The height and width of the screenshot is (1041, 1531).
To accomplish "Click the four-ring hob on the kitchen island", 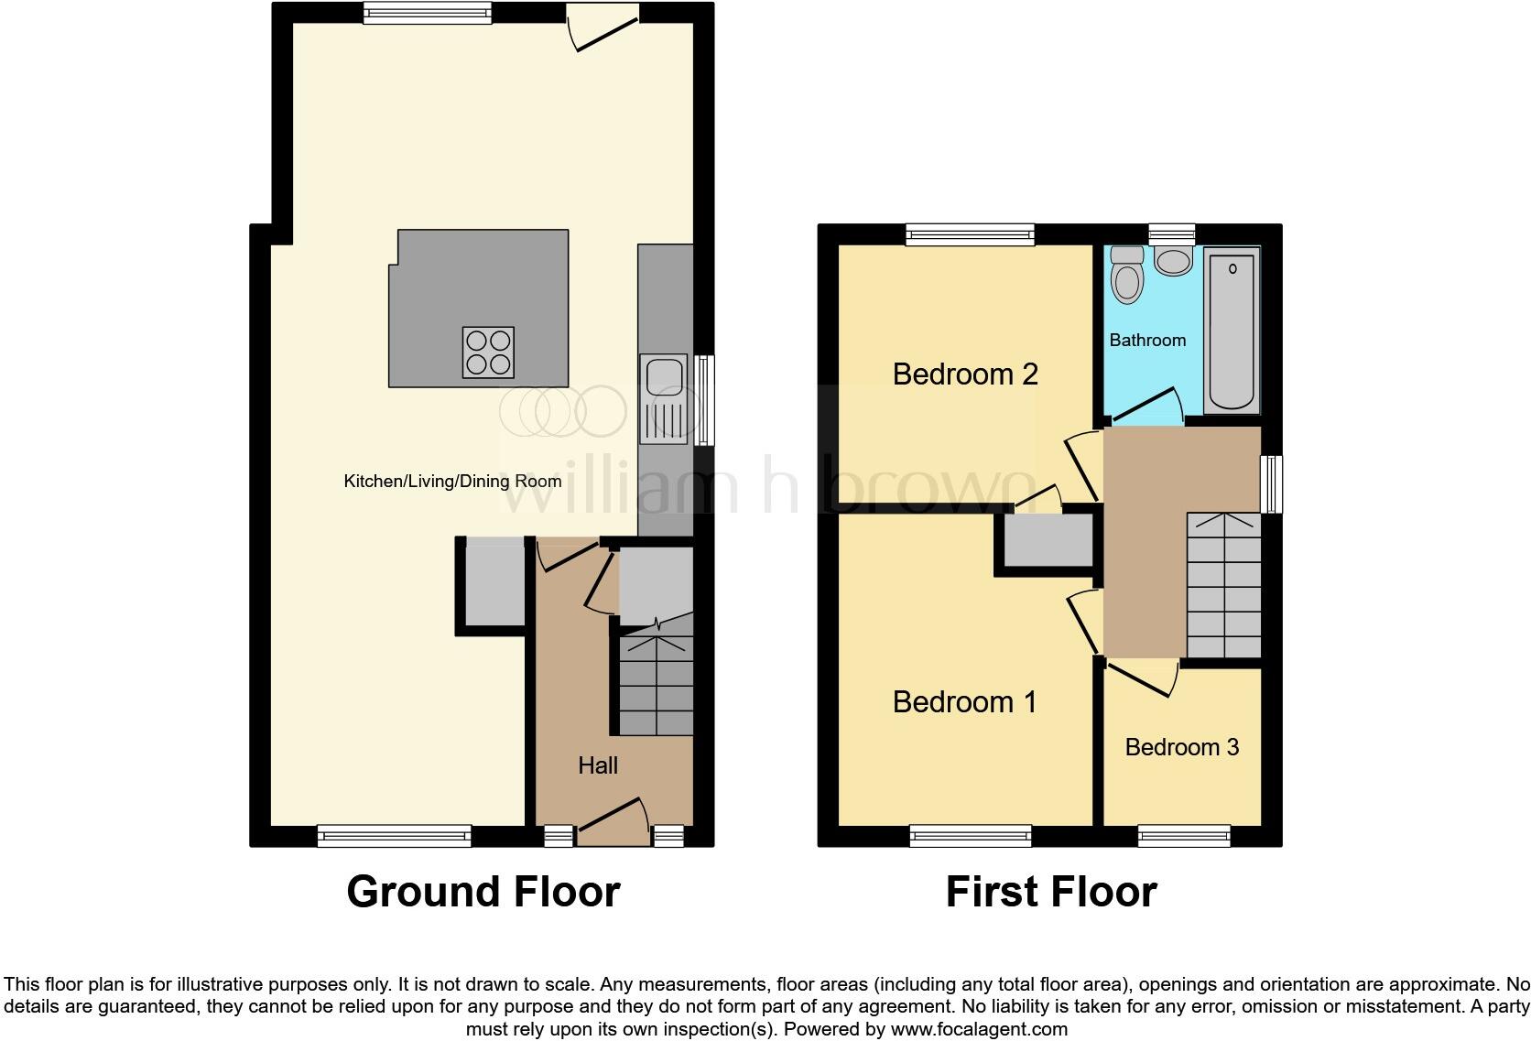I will point(488,352).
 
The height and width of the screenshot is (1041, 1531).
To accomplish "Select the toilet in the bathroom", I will point(1126,276).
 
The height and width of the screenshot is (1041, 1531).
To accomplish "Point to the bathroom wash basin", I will point(1173,261).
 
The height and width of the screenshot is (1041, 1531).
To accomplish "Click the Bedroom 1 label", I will point(964,702).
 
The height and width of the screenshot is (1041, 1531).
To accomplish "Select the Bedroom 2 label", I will point(965,374).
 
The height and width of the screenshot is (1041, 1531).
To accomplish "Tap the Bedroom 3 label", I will point(1181,747).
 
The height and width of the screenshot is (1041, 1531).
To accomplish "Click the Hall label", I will point(598,765).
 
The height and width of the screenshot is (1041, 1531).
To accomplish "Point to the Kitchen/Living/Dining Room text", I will point(452,482).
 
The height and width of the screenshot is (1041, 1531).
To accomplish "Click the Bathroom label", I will point(1147,341).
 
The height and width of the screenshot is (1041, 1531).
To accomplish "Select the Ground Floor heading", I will point(483,892).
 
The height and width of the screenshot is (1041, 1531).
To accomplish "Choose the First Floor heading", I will point(1051,892).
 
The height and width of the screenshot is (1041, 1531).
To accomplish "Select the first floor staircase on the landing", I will point(1223,586).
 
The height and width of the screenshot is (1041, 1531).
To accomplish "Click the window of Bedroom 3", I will point(1183,834).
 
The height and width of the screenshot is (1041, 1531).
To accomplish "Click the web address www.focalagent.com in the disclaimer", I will point(979,1028).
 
